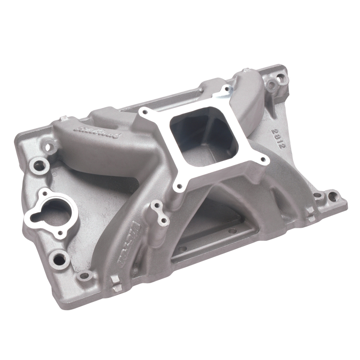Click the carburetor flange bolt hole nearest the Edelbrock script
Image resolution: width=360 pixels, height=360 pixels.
tap(144, 111)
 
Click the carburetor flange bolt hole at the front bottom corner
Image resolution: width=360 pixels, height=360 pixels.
tap(180, 185)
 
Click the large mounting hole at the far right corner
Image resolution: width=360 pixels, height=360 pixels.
tap(332, 196)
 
